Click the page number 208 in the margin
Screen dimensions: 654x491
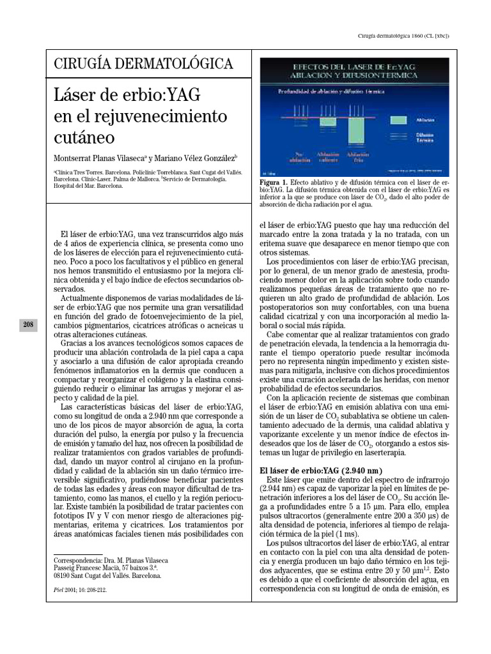point(28,325)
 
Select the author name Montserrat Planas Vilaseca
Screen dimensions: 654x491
point(98,158)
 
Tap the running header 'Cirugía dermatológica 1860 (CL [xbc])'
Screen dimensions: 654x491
point(403,36)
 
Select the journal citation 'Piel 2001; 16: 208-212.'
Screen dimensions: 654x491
point(81,591)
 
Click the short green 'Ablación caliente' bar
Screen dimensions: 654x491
point(328,121)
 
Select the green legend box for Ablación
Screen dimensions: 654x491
point(398,119)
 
